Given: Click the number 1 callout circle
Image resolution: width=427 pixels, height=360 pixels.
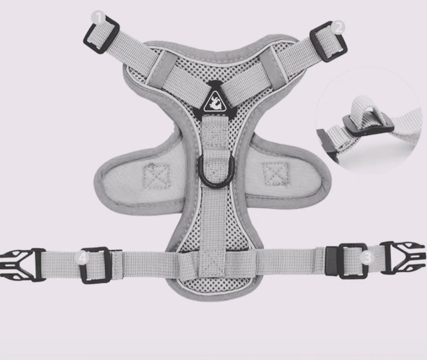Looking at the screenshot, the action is click(98, 18).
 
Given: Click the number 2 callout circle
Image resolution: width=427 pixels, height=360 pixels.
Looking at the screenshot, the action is click(338, 27).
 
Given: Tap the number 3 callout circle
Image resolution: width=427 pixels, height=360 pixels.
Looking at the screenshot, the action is click(367, 257).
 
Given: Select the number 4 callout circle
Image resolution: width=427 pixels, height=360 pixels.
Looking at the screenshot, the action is click(82, 258).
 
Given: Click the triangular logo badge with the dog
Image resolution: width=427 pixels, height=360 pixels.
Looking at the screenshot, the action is click(215, 102).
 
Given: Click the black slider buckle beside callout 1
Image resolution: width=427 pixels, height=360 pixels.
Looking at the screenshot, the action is click(101, 35).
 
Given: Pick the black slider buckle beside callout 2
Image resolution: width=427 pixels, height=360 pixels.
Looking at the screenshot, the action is click(328, 42).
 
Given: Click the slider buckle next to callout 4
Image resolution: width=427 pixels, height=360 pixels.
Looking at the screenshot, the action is click(96, 265).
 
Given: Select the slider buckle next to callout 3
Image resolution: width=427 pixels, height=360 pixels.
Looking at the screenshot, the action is click(352, 261).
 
